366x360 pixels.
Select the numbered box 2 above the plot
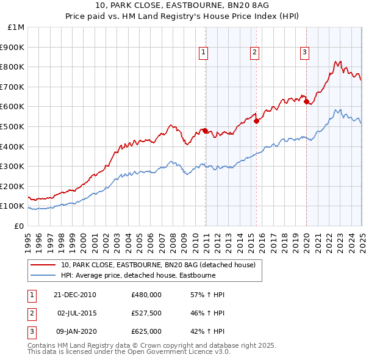pyautogui.click(x=253, y=52)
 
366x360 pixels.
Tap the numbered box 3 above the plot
pyautogui.click(x=304, y=52)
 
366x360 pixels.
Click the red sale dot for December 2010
pyautogui.click(x=206, y=131)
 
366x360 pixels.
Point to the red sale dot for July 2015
pyautogui.click(x=256, y=121)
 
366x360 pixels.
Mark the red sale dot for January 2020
pyautogui.click(x=306, y=102)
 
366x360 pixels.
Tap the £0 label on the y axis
pyautogui.click(x=20, y=226)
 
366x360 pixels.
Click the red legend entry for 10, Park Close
pyautogui.click(x=161, y=265)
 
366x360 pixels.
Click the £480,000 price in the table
pyautogui.click(x=146, y=295)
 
